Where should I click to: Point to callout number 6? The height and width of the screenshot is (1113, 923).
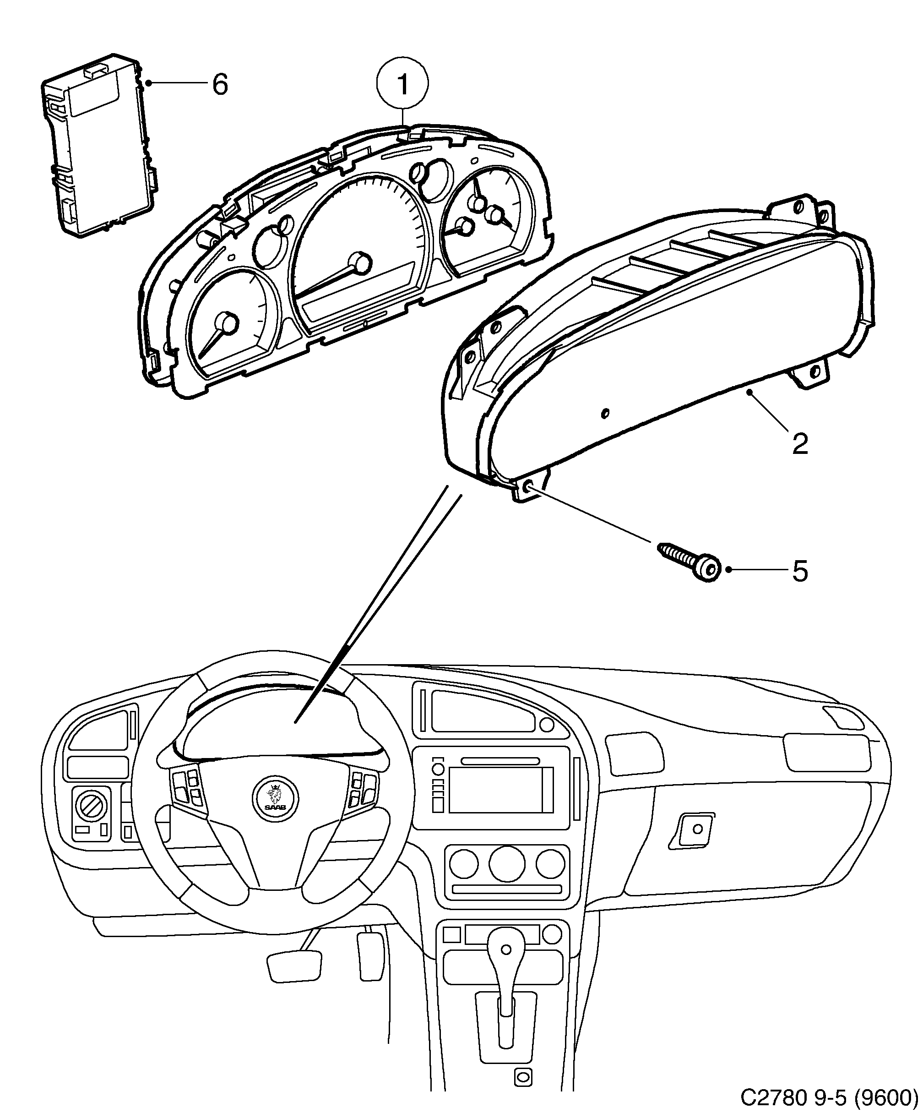click(220, 84)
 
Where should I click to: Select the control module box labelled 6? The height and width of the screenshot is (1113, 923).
click(98, 146)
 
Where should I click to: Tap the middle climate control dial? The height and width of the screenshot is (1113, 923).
click(506, 863)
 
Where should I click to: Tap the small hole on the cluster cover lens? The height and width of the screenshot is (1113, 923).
click(606, 412)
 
